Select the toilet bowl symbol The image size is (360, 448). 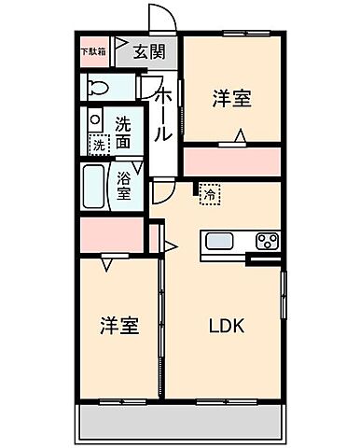97,87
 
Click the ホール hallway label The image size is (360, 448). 161,115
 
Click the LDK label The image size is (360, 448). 228,328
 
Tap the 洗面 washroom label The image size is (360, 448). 123,133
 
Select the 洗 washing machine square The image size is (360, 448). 97,145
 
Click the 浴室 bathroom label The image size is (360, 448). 124,184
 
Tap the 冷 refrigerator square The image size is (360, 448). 210,195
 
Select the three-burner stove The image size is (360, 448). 268,242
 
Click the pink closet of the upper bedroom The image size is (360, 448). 231,161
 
